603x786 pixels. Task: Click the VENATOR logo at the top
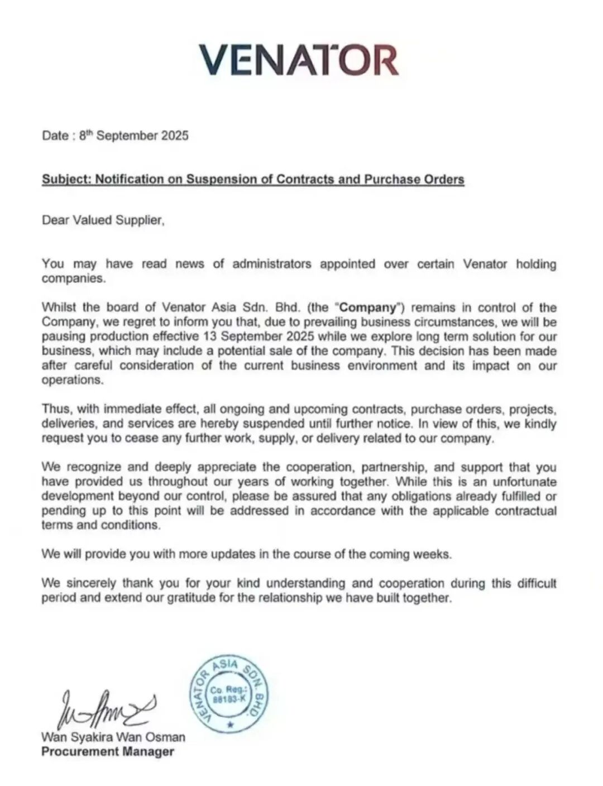pyautogui.click(x=298, y=60)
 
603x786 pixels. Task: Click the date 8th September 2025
pyautogui.click(x=134, y=136)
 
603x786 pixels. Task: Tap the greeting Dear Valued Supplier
pyautogui.click(x=103, y=220)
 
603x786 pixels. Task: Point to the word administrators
pyautogui.click(x=271, y=263)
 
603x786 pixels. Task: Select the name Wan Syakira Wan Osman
pyautogui.click(x=113, y=737)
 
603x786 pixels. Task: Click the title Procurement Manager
pyautogui.click(x=108, y=751)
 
